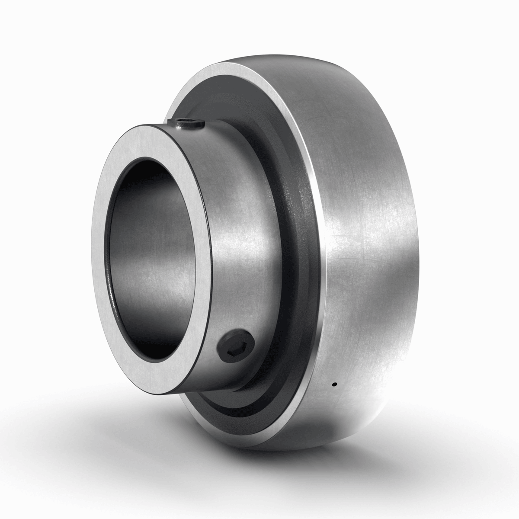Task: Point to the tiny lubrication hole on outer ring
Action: pos(334,384)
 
